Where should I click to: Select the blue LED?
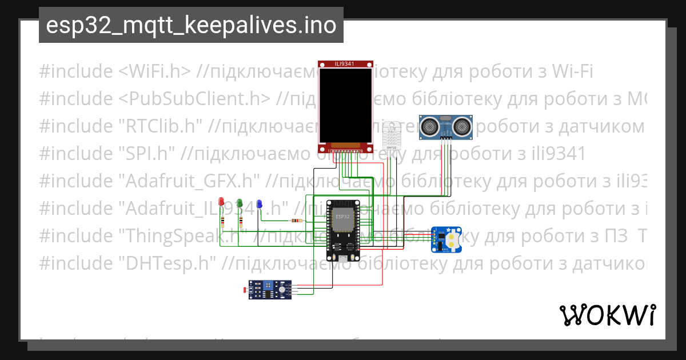click(x=259, y=204)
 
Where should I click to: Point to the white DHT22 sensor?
click(x=392, y=136)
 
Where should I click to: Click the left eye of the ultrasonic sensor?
click(x=429, y=124)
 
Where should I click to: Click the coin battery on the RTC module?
click(x=453, y=239)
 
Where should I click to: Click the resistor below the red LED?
click(x=222, y=222)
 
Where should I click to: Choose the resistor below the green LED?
click(x=241, y=222)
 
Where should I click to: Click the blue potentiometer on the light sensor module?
click(x=268, y=285)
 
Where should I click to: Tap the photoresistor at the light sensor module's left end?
click(x=246, y=290)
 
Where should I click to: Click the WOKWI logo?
click(x=607, y=315)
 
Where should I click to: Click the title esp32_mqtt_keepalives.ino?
click(x=191, y=25)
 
